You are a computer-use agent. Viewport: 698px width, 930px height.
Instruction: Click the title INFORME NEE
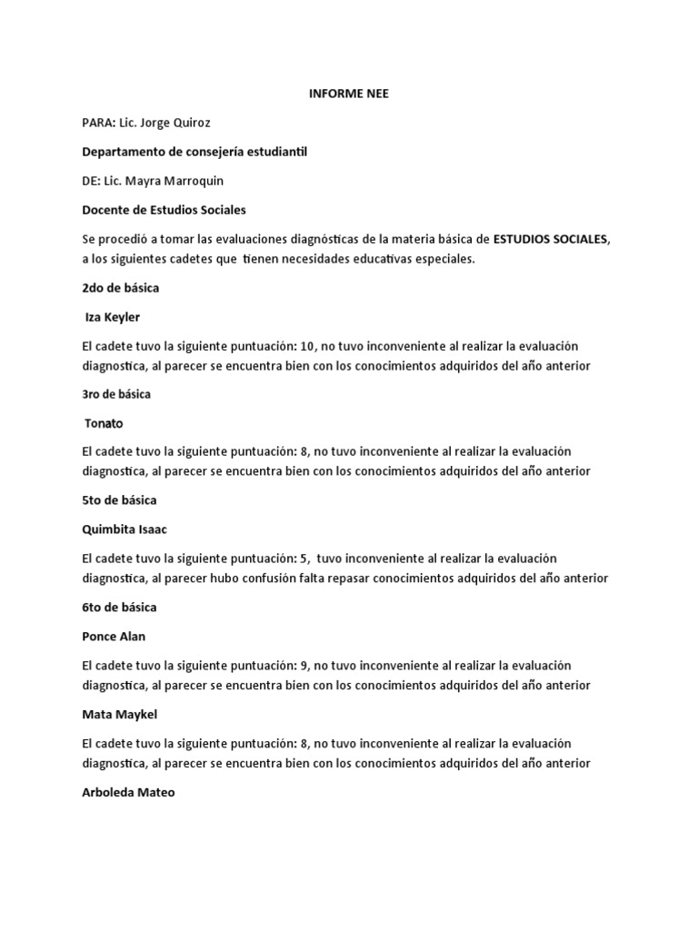tap(348, 94)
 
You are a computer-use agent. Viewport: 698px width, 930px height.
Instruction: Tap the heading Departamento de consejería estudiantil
tap(194, 152)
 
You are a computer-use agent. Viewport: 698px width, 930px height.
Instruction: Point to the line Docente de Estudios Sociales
tap(164, 210)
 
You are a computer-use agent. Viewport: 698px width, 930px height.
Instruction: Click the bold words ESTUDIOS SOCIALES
tap(552, 240)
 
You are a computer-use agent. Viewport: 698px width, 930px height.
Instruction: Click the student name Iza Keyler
tap(115, 318)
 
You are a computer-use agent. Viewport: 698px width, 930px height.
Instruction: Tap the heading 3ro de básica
tap(116, 394)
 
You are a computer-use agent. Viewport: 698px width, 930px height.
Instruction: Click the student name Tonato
tap(104, 423)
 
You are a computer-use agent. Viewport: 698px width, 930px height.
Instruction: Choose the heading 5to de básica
tap(119, 500)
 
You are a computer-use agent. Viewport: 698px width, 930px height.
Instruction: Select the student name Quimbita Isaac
tap(125, 529)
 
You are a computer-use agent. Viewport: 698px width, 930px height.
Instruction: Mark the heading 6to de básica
tap(119, 607)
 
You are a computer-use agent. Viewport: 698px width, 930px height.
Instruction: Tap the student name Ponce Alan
tap(114, 637)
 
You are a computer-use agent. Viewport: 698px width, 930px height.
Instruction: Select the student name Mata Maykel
tap(119, 715)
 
